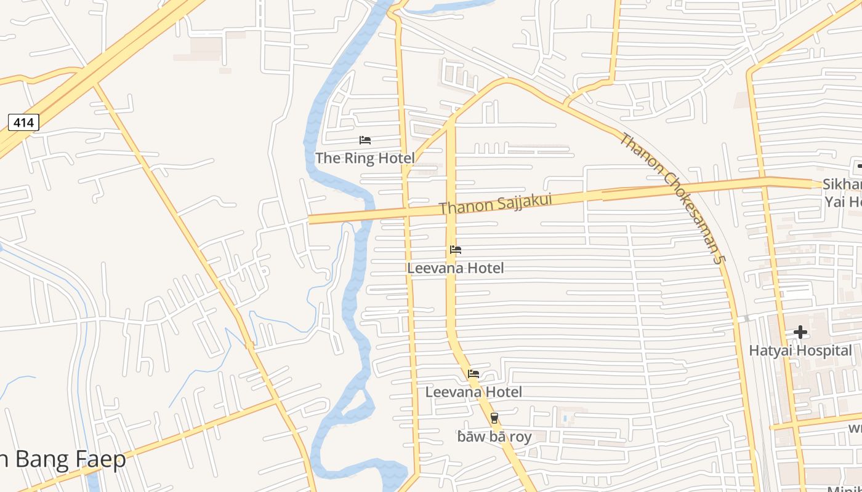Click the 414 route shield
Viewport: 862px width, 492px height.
(x=23, y=122)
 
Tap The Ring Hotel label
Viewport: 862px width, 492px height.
(x=365, y=158)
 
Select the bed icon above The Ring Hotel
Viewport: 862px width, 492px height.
(x=365, y=140)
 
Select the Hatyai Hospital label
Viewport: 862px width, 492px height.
(x=800, y=351)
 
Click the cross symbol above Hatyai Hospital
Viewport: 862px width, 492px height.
(x=800, y=333)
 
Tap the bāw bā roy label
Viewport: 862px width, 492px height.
(x=494, y=437)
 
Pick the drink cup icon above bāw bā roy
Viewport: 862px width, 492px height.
(x=494, y=419)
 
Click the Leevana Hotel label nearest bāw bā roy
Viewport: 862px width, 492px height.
(x=473, y=392)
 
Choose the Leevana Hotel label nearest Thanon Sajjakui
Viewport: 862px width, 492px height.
(x=456, y=268)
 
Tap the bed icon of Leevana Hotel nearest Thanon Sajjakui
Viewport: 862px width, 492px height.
(x=456, y=250)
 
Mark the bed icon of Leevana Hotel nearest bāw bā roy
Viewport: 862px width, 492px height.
(x=473, y=373)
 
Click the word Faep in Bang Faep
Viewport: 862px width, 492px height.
(x=100, y=459)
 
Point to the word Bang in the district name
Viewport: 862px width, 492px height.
(x=41, y=459)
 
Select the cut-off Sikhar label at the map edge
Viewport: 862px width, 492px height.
(x=842, y=184)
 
